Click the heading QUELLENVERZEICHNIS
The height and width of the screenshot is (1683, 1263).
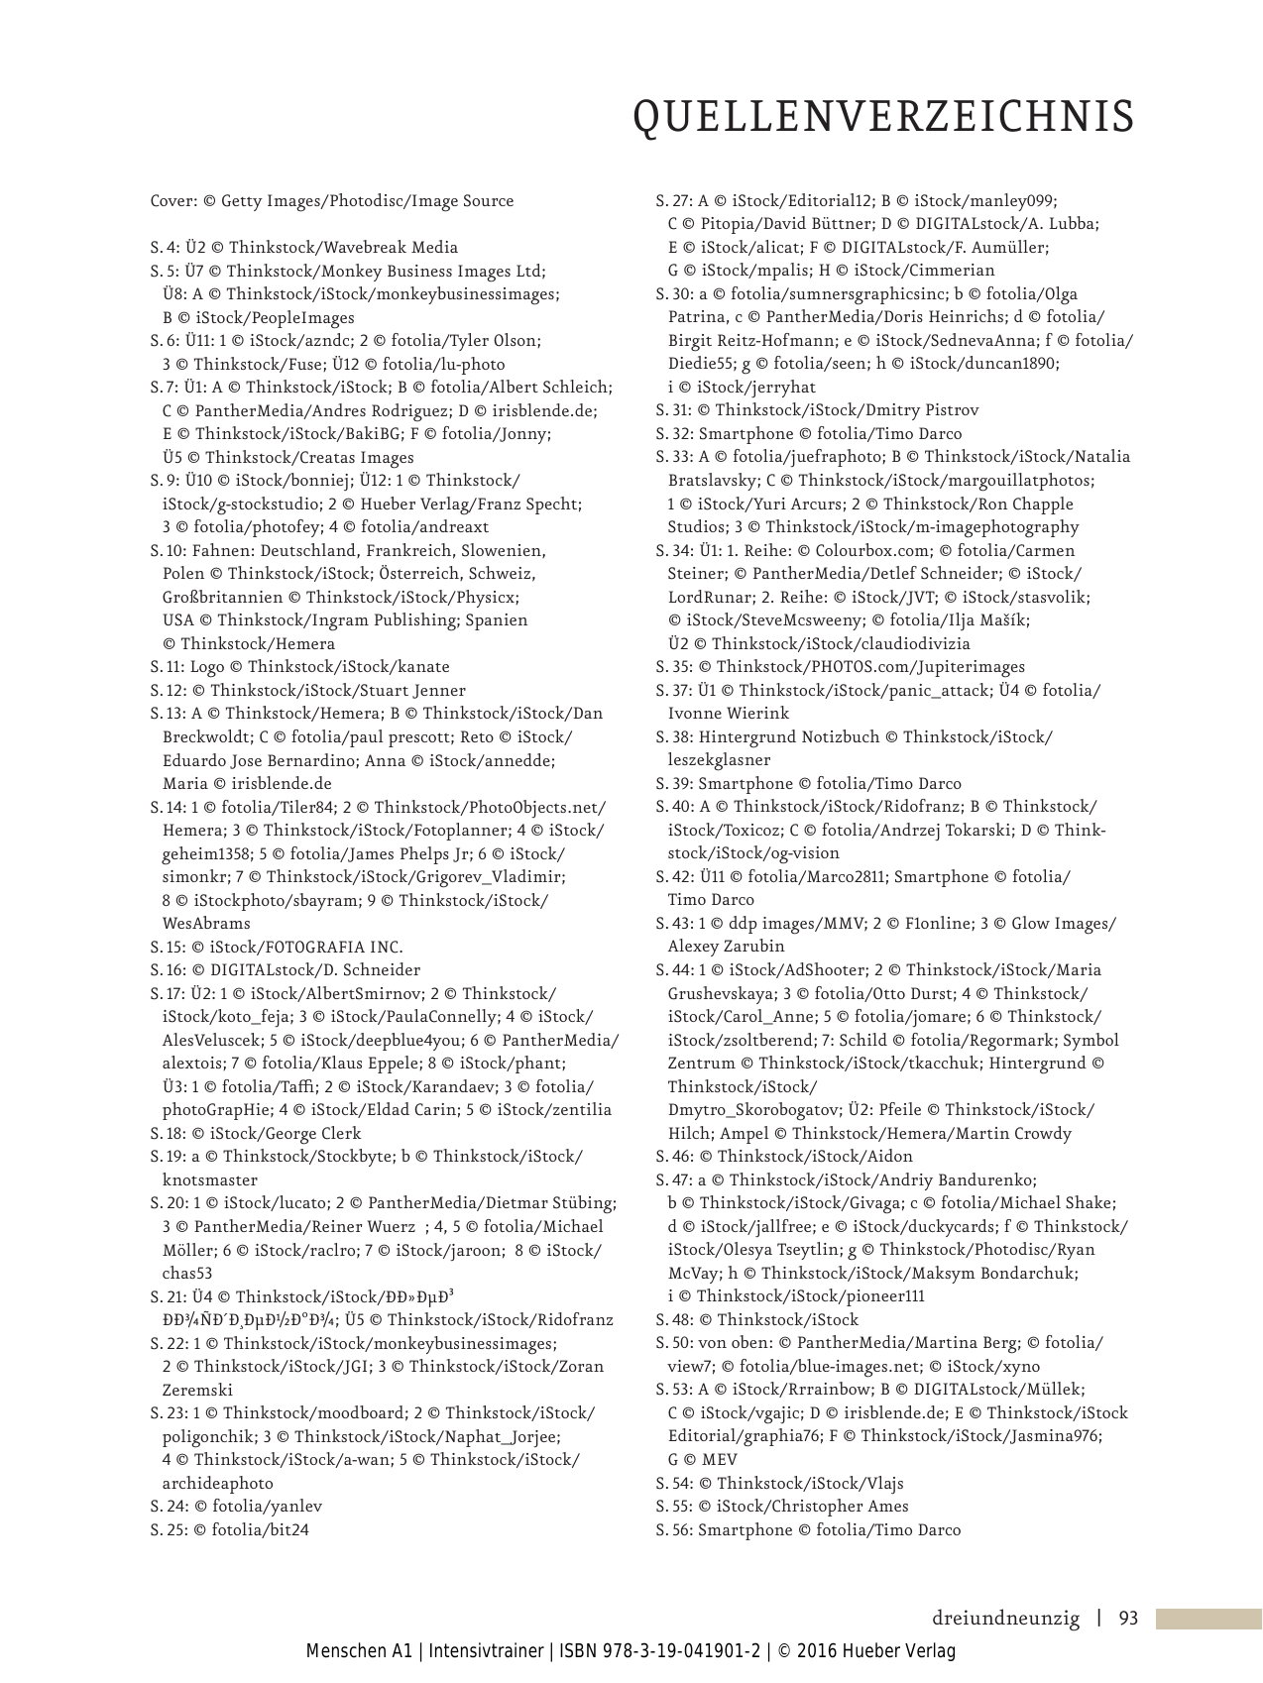(x=883, y=117)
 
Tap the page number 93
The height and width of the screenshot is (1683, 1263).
(x=1128, y=1619)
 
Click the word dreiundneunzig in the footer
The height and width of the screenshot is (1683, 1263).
(x=1005, y=1619)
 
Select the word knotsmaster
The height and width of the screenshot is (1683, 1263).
(x=210, y=1179)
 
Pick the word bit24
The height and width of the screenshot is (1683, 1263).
(x=287, y=1529)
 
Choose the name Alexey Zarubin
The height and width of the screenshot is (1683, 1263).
(x=726, y=947)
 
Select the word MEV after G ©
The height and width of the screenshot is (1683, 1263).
(x=719, y=1459)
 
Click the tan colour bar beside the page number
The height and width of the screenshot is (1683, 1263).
(x=1208, y=1619)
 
